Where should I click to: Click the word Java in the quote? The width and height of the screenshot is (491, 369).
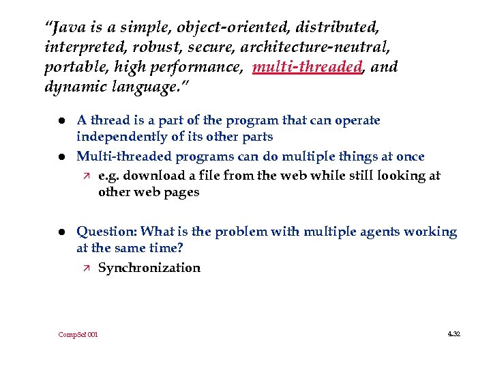69,28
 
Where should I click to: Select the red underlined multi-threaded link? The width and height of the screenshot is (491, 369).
307,67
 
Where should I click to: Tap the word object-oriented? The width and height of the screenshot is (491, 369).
225,28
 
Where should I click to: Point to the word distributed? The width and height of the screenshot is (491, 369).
339,28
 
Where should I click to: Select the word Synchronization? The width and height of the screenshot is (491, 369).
149,268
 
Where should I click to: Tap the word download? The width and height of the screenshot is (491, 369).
149,176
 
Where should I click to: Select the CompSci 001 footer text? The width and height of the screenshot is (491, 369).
78,335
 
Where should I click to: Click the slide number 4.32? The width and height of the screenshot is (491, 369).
453,334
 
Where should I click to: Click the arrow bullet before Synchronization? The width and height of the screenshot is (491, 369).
84,268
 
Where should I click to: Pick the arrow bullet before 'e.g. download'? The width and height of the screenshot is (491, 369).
84,176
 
